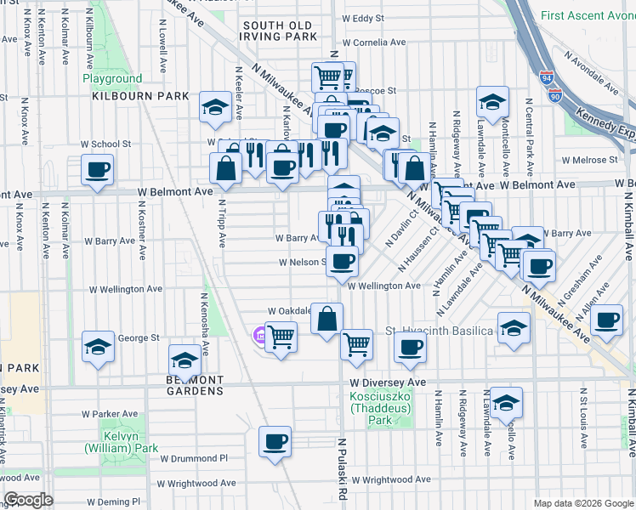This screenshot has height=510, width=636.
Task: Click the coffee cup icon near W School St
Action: pos(98,169)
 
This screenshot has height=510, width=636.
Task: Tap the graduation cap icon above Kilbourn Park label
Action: pos(215,107)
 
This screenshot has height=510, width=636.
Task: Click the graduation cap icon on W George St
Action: pos(99,347)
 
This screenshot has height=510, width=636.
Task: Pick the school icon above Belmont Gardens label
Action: pos(185,359)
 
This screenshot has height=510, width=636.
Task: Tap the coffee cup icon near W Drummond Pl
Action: pos(275,441)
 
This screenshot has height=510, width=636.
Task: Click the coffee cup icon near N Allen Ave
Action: pos(607,320)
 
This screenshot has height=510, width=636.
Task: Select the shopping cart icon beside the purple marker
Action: pos(281,337)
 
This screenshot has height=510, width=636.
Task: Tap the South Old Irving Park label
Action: pos(278,31)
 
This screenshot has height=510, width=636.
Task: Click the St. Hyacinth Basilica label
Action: pos(440,330)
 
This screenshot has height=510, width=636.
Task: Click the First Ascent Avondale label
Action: pos(586,15)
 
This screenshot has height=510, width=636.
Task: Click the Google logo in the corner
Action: pos(28,500)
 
